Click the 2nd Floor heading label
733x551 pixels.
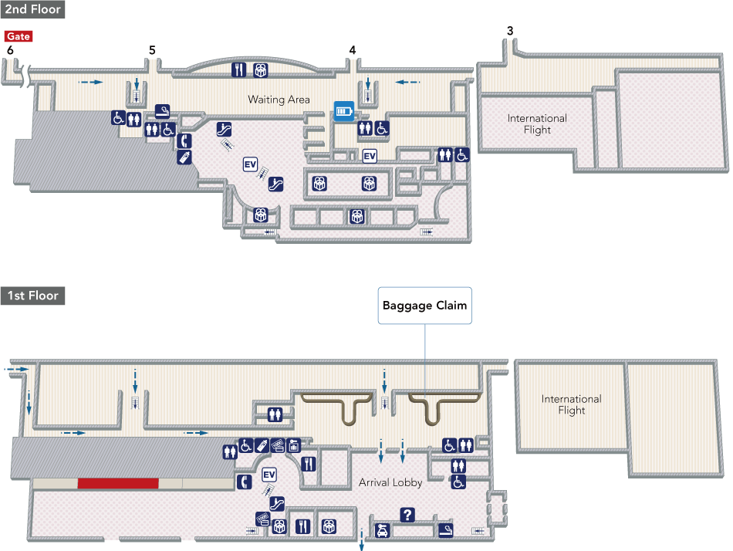point(32,10)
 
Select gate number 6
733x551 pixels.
point(10,50)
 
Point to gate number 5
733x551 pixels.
point(152,50)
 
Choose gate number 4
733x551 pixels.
point(353,50)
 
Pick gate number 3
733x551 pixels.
point(510,31)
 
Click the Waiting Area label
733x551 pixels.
point(279,100)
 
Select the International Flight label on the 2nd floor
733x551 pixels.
point(537,124)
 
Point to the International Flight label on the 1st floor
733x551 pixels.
point(571,404)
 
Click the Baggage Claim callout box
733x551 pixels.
point(425,306)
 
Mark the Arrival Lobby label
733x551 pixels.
point(390,483)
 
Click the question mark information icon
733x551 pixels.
point(408,514)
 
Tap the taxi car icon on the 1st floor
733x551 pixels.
point(382,530)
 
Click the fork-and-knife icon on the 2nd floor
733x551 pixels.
point(239,69)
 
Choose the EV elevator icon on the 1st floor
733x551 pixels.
point(269,475)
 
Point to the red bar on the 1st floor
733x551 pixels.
point(118,483)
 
